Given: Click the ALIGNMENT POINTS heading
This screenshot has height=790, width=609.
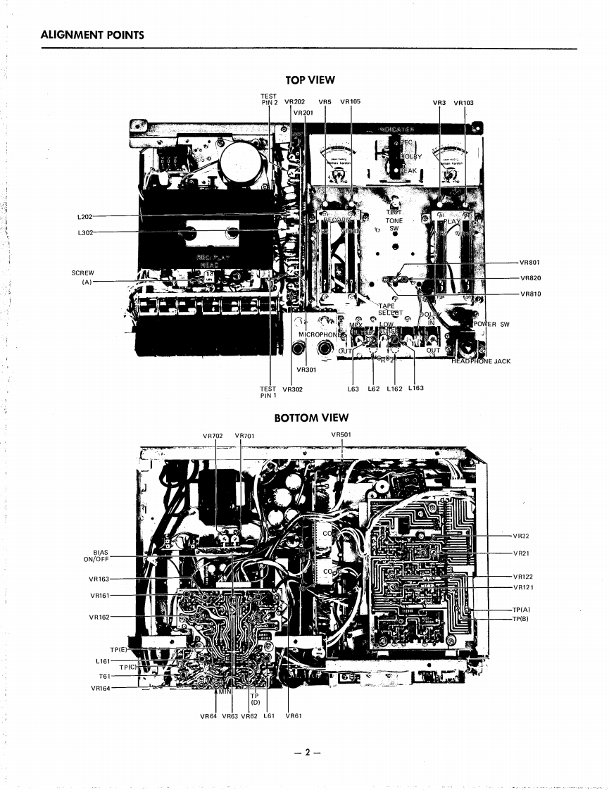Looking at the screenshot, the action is point(92,35).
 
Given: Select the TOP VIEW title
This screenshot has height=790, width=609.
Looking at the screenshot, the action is point(310,80).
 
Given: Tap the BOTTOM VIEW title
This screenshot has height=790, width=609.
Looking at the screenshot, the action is point(310,418).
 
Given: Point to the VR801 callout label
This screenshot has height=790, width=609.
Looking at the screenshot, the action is point(529,263).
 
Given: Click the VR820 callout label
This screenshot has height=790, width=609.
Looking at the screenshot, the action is point(529,278).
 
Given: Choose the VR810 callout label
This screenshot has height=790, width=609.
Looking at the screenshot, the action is point(529,294).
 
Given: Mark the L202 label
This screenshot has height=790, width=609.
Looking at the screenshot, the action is point(84,217).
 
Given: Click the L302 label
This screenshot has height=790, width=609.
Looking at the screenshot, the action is point(84,232).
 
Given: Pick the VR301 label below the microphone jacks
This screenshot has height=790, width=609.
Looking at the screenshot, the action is point(306,370).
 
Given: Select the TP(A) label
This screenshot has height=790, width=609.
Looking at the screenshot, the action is point(521,609).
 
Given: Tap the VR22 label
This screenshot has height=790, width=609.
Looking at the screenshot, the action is point(521,537).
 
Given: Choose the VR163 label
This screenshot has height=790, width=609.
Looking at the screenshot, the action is point(99,579).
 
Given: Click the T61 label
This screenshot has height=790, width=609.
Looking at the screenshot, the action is point(105,676).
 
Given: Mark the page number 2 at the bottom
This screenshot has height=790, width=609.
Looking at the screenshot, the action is point(306,752).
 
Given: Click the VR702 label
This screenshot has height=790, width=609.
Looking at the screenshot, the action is point(213,436).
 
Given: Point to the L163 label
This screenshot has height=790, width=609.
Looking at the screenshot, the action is point(415,388).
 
